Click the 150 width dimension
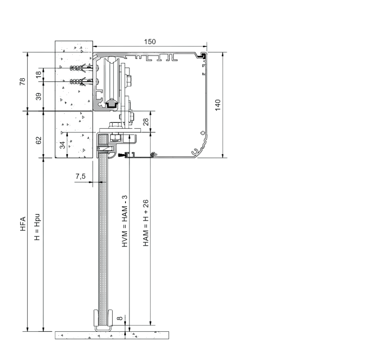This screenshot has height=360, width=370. click(150, 42)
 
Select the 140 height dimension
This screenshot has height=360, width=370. click(217, 105)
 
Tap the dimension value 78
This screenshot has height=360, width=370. click(22, 81)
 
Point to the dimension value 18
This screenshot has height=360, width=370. click(38, 74)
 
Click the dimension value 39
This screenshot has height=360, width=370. click(38, 96)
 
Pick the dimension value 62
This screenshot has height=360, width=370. click(38, 140)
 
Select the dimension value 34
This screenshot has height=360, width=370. click(62, 145)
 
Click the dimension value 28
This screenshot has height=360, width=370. click(146, 122)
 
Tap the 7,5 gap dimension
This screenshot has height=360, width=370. click(80, 176)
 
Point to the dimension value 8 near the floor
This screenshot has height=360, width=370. click(120, 318)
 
